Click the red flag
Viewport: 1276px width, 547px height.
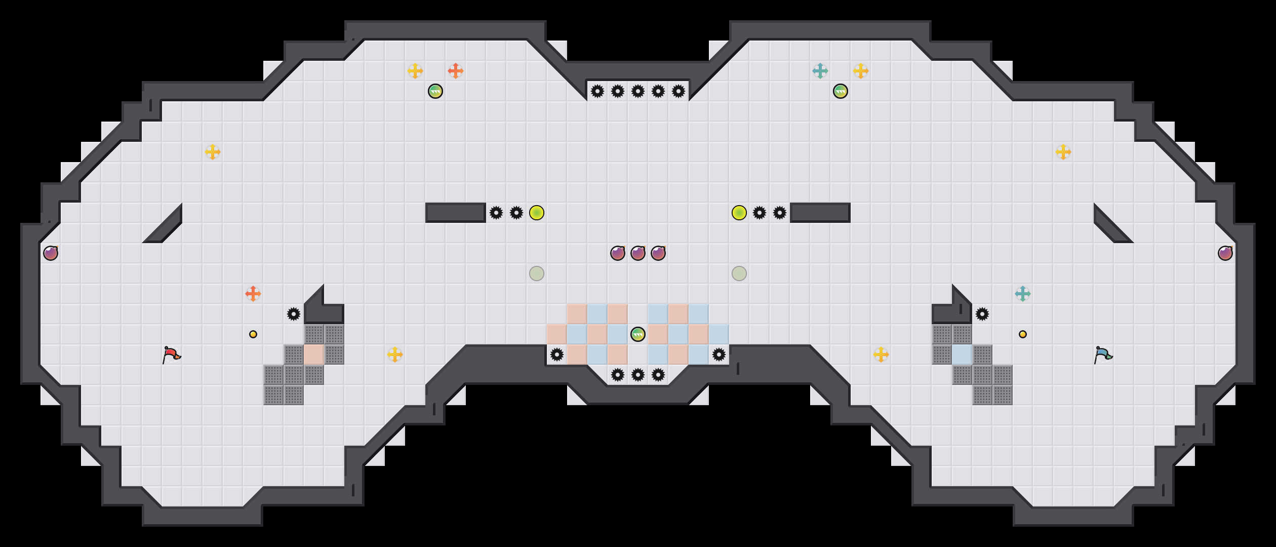(171, 355)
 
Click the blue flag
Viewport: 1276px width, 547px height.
(1103, 355)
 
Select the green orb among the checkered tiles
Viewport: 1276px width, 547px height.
(638, 334)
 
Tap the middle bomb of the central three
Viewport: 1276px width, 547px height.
(638, 253)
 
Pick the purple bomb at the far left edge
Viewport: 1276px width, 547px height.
(51, 253)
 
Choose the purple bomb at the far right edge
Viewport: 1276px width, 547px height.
(1225, 253)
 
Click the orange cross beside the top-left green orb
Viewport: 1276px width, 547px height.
(456, 71)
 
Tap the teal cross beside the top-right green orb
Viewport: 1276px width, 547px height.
(820, 71)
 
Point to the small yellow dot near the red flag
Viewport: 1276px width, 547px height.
(253, 334)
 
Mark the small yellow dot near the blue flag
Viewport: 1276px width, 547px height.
(1023, 334)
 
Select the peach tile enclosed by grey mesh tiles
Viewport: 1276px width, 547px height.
(314, 355)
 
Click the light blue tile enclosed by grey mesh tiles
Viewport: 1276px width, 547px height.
(962, 355)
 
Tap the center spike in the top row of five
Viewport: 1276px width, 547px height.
(638, 91)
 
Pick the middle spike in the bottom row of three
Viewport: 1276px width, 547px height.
(638, 375)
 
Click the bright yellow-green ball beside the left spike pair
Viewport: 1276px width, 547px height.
(537, 213)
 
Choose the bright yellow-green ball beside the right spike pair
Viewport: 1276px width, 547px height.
(739, 213)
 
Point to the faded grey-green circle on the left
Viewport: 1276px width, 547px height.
(537, 273)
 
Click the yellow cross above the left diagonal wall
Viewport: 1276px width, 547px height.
(213, 152)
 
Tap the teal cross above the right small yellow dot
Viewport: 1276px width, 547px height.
(1023, 294)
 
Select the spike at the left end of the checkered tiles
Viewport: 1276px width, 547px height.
(557, 355)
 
